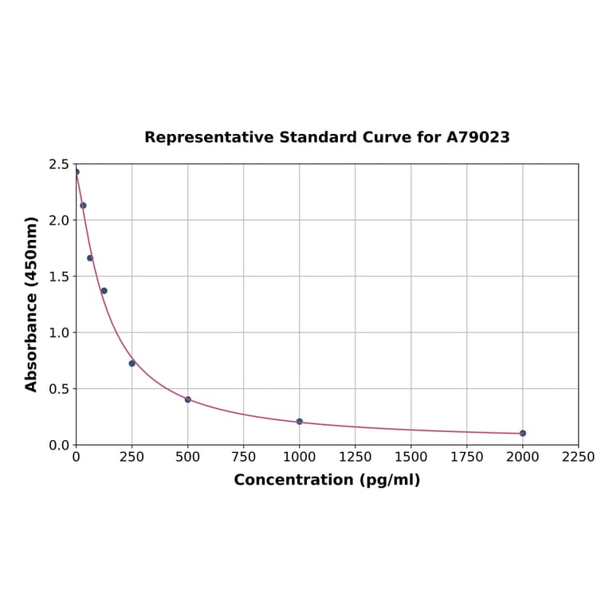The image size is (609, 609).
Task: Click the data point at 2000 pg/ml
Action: (x=522, y=433)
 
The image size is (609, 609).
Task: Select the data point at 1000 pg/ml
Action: (x=299, y=421)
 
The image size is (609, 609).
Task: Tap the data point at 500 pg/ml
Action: (x=187, y=399)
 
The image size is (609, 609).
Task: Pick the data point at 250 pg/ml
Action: (x=132, y=363)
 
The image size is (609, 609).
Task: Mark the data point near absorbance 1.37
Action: (x=104, y=290)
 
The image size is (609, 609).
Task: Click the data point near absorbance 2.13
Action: (x=83, y=205)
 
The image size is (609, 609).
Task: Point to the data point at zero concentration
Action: (x=77, y=171)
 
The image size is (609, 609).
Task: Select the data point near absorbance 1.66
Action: (x=90, y=257)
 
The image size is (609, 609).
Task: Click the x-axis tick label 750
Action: (x=243, y=458)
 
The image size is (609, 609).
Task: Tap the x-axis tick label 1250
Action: (x=355, y=458)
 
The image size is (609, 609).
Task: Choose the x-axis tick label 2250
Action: (x=578, y=458)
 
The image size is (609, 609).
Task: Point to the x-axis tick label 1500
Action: (x=411, y=458)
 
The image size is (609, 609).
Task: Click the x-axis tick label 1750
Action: (x=466, y=458)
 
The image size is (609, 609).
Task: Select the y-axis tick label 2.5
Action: (x=59, y=164)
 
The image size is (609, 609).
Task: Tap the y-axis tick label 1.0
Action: (x=59, y=332)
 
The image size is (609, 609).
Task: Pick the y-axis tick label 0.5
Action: (x=59, y=389)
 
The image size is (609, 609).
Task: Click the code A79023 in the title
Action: (x=477, y=137)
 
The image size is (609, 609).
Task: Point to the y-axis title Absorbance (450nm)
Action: (x=32, y=304)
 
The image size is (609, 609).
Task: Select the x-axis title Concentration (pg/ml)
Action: (x=327, y=480)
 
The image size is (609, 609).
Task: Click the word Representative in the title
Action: (x=209, y=137)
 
